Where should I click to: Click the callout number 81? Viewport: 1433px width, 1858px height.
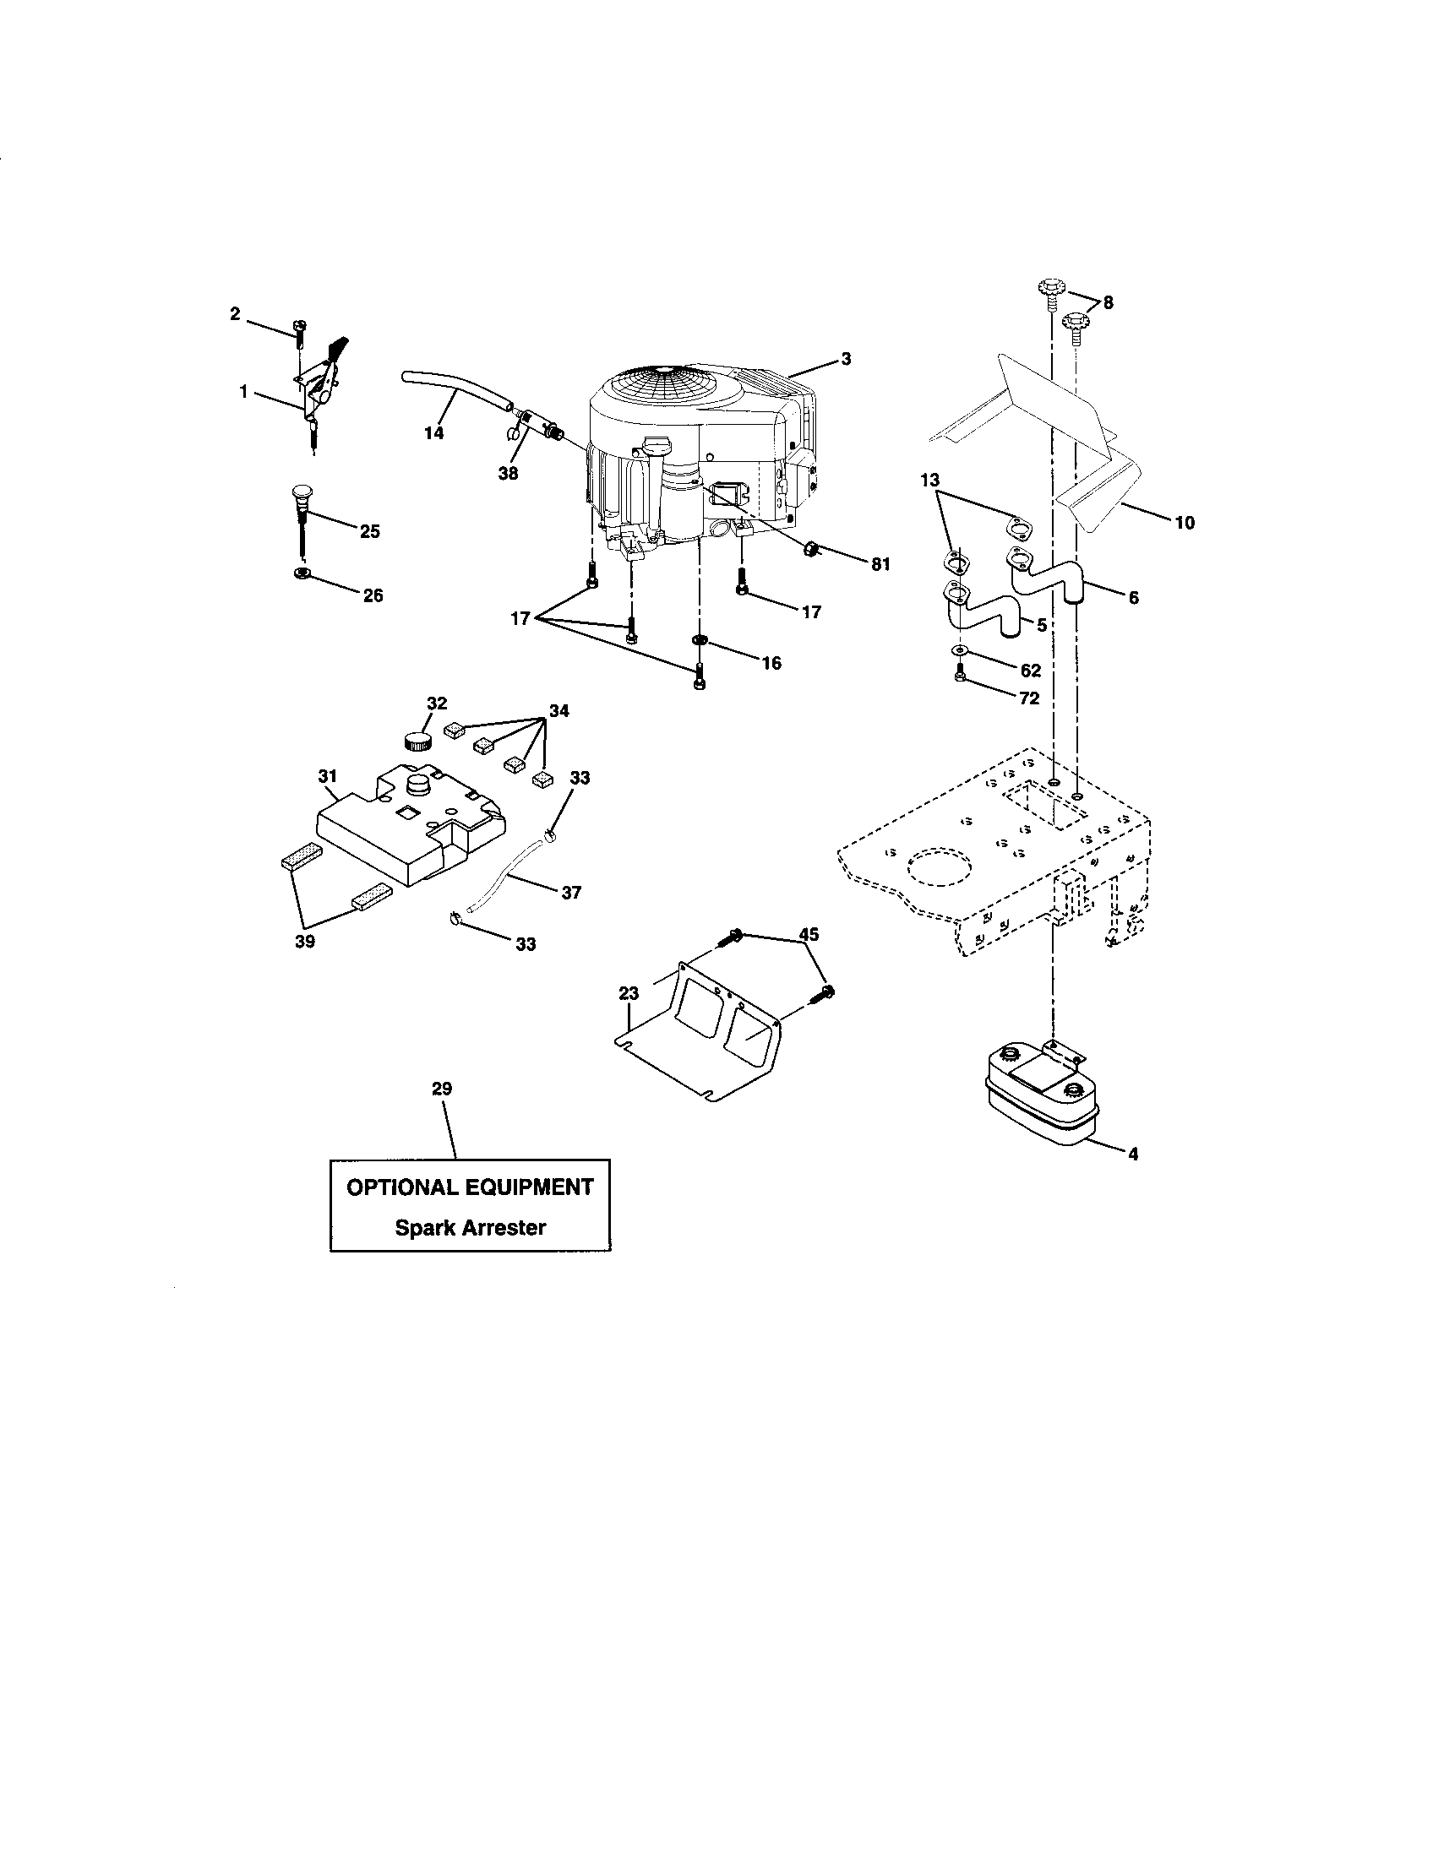(x=880, y=564)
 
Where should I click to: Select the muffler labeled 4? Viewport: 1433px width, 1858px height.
(x=1038, y=1100)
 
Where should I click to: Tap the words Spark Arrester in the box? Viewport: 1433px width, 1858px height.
(x=470, y=1228)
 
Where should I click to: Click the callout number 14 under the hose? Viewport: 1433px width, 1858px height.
(x=434, y=433)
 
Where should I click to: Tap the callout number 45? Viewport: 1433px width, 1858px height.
(x=809, y=934)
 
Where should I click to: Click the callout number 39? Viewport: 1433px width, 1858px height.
(x=305, y=942)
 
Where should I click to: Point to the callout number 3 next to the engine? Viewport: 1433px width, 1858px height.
(x=846, y=359)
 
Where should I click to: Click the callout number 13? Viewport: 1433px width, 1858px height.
(x=930, y=480)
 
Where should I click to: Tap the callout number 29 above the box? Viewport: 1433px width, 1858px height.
(x=442, y=1088)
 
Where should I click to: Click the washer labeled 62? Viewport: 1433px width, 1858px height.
(x=959, y=651)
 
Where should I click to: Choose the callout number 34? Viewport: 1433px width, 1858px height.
(x=559, y=710)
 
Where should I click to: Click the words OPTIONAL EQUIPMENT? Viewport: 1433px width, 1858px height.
(x=470, y=1187)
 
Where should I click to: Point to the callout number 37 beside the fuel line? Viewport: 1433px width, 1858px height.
(x=571, y=892)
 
